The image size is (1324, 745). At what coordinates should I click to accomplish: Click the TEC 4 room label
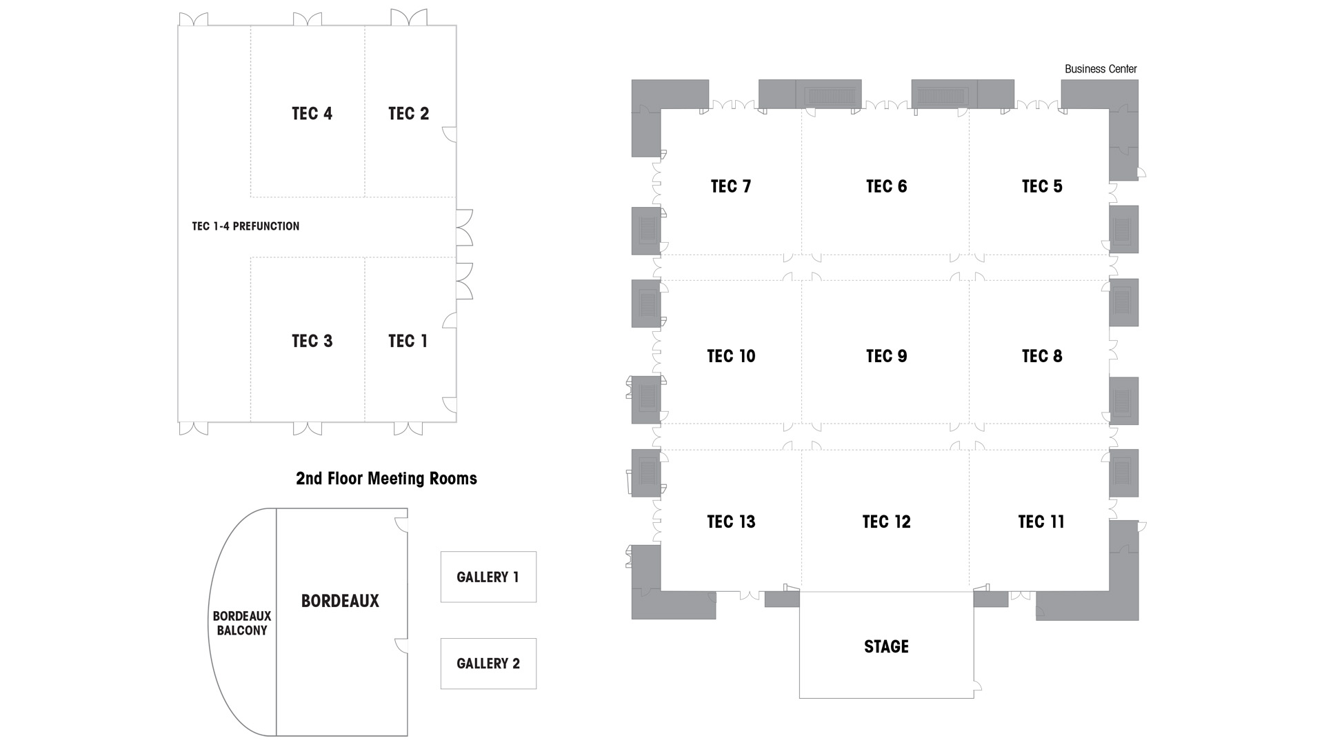[312, 114]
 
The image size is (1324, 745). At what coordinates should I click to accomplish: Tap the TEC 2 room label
[408, 114]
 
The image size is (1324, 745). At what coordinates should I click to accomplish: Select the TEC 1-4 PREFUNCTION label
[245, 226]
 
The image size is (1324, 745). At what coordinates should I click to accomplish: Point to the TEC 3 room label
[312, 341]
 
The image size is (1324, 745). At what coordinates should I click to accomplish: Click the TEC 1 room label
[408, 341]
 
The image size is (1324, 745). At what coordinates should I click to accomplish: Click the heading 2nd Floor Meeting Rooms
[386, 479]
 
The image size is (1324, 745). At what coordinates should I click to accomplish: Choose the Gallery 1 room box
[488, 577]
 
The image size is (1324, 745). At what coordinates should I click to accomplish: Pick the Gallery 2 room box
[488, 664]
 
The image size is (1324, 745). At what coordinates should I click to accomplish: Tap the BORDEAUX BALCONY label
[242, 623]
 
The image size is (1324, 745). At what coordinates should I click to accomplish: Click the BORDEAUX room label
[340, 601]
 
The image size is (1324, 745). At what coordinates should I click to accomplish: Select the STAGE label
[886, 646]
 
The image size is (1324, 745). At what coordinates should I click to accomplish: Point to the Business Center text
[1101, 69]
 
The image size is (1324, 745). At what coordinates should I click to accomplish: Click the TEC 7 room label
[731, 186]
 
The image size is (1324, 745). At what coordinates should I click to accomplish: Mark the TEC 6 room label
[886, 186]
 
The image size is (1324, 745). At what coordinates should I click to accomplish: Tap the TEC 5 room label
[1042, 186]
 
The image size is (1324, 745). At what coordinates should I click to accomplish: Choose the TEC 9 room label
[886, 356]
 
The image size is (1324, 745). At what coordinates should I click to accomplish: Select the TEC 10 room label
[731, 356]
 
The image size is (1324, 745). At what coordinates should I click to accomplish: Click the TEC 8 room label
[1042, 356]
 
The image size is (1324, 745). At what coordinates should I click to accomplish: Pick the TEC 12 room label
[886, 521]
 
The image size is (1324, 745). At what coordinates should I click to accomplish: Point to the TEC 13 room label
[731, 521]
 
